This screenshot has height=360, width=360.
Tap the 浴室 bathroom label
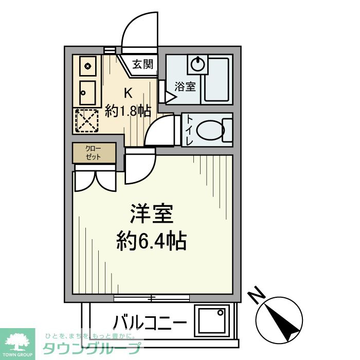pyautogui.click(x=185, y=86)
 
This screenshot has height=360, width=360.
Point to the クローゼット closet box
pyautogui.click(x=94, y=153)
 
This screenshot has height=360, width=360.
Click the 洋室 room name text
pyautogui.click(x=150, y=214)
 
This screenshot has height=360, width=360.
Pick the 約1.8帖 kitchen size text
pyautogui.click(x=128, y=111)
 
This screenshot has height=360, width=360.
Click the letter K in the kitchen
pyautogui.click(x=128, y=93)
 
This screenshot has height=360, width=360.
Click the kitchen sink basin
pyautogui.click(x=87, y=93)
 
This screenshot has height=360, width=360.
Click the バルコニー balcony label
pyautogui.click(x=150, y=323)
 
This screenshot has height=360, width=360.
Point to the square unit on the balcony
pyautogui.click(x=211, y=321)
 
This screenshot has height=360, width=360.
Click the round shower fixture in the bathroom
pyautogui.click(x=197, y=64)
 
